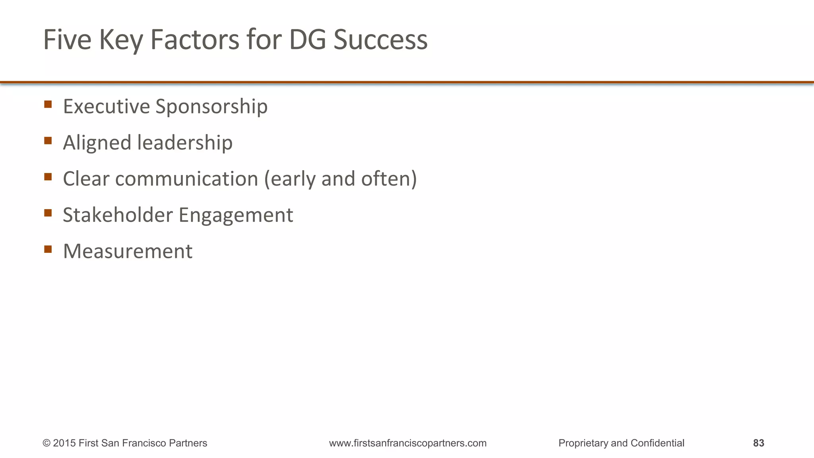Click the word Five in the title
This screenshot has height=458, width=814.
point(67,40)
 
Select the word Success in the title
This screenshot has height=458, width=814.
point(380,40)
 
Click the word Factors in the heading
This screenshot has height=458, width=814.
point(195,40)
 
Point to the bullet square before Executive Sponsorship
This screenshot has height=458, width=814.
point(48,105)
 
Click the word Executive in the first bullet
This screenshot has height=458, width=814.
point(106,106)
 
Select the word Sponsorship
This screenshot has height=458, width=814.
point(211,107)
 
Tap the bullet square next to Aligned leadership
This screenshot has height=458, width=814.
point(48,141)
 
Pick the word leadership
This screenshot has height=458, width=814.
point(185,142)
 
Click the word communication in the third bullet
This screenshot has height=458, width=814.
point(187,179)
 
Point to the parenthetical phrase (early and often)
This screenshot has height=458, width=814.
point(341,179)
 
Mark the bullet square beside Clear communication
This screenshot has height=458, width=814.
point(48,177)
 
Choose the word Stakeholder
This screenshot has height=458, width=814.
point(118,215)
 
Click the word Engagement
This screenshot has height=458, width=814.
point(236,215)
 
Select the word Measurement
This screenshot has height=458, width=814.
point(128,251)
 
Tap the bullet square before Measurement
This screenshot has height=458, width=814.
point(48,249)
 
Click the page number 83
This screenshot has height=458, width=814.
point(758,443)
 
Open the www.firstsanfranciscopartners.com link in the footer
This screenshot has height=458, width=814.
point(408,443)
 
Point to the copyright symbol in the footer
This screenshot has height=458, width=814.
point(47,443)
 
